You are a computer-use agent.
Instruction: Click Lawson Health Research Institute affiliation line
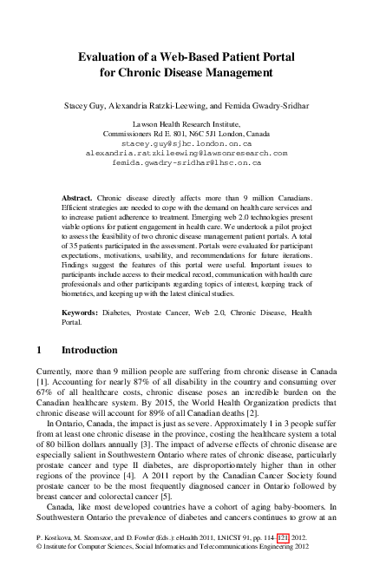tap(186, 125)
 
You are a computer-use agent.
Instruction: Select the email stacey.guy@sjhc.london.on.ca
tap(186, 143)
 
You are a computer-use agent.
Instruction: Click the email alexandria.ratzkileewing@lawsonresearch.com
tap(186, 153)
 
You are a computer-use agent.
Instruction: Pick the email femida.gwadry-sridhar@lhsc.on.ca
tap(186, 162)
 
